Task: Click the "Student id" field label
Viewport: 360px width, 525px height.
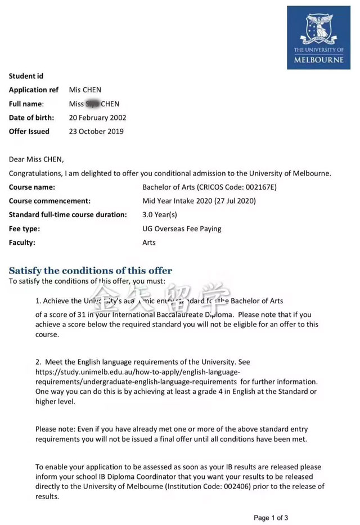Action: (26, 76)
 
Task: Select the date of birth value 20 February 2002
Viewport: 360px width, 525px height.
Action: (97, 118)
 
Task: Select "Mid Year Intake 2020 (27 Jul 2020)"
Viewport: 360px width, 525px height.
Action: (199, 201)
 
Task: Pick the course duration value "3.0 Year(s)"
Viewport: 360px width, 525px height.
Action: (160, 215)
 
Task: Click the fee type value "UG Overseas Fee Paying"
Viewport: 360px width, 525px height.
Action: (182, 229)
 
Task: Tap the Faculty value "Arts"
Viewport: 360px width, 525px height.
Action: (149, 243)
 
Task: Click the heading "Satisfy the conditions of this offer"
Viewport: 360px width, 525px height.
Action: (91, 271)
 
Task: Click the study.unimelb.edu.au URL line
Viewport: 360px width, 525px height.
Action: (138, 372)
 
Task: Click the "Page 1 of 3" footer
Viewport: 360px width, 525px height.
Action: (271, 518)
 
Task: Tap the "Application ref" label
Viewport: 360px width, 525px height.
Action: (33, 90)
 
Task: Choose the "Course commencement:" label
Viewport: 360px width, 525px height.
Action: (49, 201)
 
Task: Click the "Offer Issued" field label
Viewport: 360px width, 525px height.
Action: (29, 132)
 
